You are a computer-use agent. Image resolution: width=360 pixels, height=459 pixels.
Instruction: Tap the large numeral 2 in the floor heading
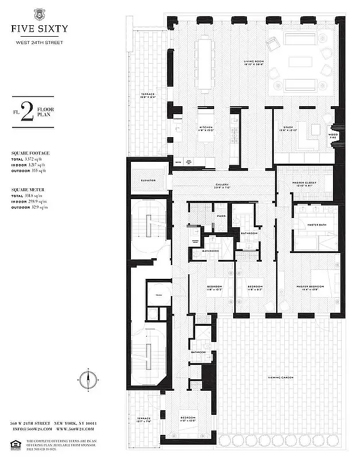(26, 110)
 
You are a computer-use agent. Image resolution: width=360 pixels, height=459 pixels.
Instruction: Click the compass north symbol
(87, 379)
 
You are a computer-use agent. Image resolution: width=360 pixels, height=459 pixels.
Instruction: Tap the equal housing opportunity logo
(16, 442)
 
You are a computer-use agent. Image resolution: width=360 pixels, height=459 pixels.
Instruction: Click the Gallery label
(206, 184)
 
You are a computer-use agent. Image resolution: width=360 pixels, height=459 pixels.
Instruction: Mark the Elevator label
(148, 181)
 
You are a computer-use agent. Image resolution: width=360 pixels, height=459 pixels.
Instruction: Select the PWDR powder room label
(221, 216)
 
